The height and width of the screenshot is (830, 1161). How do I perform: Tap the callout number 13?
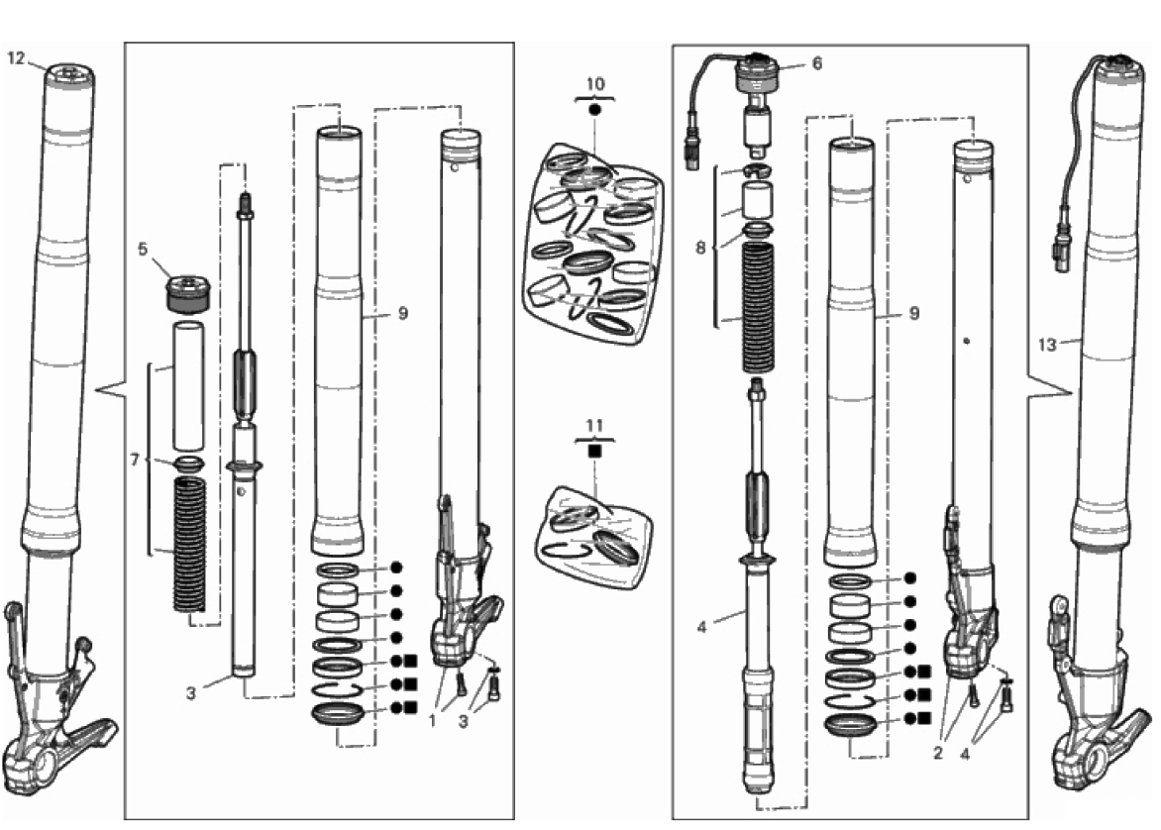1047,345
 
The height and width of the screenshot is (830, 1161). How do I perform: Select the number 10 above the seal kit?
594,84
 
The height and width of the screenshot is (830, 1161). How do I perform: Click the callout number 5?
143,250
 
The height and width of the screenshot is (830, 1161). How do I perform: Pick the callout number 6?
816,62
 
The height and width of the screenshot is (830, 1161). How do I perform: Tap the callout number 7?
137,460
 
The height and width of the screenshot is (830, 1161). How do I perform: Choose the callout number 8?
701,247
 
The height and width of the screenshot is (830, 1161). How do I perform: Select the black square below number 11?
594,451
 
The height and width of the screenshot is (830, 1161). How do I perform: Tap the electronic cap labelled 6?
760,73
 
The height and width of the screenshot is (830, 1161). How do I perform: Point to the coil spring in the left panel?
188,540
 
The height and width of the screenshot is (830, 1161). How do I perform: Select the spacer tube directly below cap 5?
188,385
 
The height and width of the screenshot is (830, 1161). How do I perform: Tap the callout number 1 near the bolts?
432,721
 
